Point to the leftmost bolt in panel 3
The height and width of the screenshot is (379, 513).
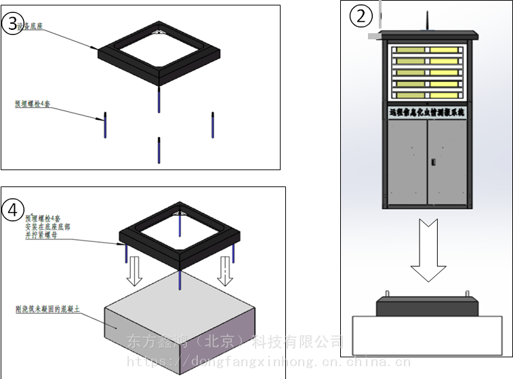(105, 125)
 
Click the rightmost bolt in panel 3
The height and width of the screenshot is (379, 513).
(213, 125)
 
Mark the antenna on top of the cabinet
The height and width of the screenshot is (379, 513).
(427, 22)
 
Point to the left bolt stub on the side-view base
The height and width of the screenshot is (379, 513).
(387, 294)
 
